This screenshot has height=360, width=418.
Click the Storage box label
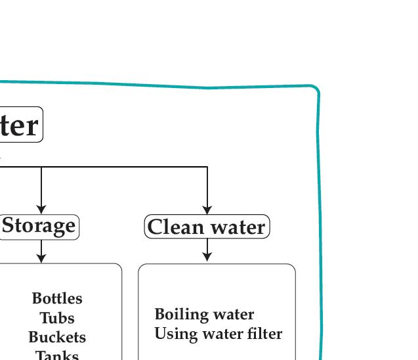pos(39,226)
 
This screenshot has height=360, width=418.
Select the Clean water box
pos(207,227)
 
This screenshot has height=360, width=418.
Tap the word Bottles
pos(57,298)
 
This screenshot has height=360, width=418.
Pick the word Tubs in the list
pos(57,318)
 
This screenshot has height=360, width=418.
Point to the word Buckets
pos(57,337)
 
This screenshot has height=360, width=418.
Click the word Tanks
pos(57,355)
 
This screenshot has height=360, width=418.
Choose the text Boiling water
pos(204,314)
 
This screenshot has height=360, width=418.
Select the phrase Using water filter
pos(218,334)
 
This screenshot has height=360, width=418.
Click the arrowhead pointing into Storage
pos(41,210)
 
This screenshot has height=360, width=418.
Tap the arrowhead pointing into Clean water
pos(207,210)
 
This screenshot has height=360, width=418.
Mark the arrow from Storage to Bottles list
pos(41,252)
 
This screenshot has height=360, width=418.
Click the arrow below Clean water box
pos(207,250)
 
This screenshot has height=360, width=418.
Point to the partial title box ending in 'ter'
pos(20,125)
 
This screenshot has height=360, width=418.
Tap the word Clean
pos(173,227)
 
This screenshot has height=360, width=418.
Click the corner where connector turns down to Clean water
pos(207,168)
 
